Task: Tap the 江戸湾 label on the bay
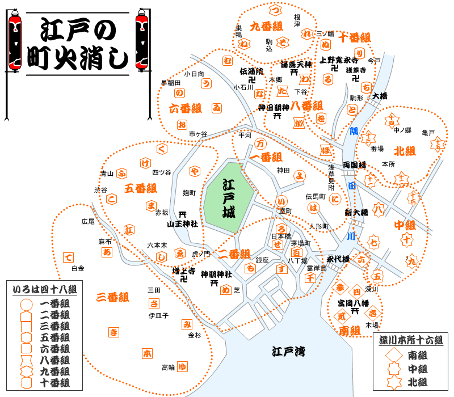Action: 288,351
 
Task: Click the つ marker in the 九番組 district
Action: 275,10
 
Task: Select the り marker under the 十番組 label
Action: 359,53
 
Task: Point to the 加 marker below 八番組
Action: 299,123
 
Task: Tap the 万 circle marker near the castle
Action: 260,143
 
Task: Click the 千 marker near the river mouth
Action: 310,277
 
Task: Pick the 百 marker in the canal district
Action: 296,252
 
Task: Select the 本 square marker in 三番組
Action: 147,353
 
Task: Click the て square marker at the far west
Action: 69,257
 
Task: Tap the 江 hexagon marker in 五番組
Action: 129,230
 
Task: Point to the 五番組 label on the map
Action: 140,188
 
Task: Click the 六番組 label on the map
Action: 185,108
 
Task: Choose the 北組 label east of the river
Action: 405,151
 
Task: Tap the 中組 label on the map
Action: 405,225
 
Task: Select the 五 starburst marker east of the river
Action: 377,276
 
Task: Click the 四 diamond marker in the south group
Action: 356,293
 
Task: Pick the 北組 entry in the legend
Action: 417,382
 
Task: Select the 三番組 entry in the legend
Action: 54,326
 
